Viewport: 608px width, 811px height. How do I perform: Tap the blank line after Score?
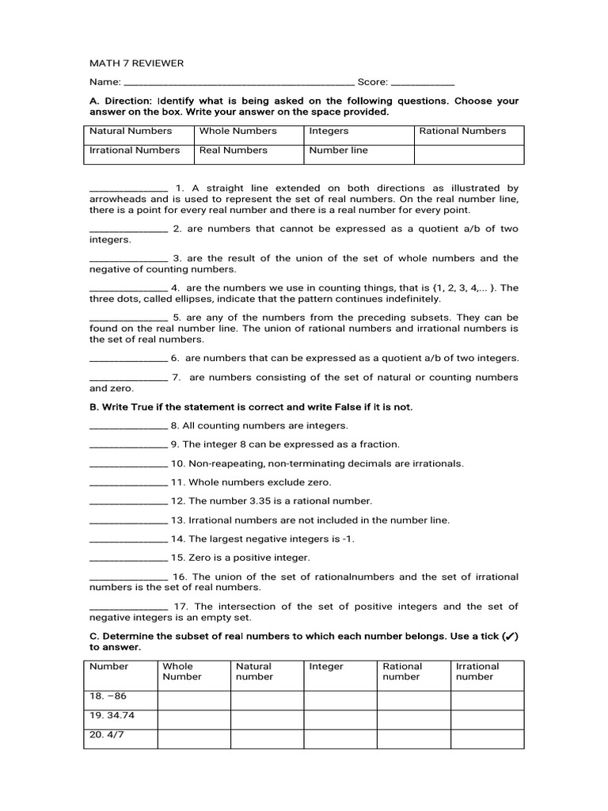(x=423, y=82)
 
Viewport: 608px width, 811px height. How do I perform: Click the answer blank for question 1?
(x=128, y=189)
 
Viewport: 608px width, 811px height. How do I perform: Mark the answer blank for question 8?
(x=128, y=426)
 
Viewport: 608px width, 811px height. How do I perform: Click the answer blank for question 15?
(x=128, y=558)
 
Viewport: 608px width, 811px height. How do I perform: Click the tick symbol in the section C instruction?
(x=509, y=637)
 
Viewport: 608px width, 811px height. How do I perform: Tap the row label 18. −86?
(x=108, y=696)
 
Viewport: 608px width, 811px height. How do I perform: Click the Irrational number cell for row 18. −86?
(x=487, y=700)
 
